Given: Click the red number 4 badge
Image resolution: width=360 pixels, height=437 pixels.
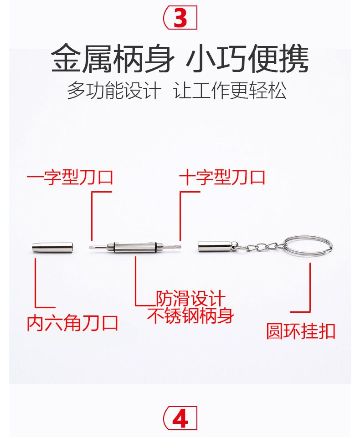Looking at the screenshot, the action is pyautogui.click(x=180, y=419).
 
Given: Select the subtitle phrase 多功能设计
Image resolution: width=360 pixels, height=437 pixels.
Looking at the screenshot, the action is pyautogui.click(x=114, y=91).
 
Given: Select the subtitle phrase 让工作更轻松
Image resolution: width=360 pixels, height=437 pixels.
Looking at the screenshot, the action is pyautogui.click(x=231, y=91).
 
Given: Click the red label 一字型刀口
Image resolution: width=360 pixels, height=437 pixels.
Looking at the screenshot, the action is pyautogui.click(x=70, y=177).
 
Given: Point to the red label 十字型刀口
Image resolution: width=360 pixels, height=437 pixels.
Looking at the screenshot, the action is pyautogui.click(x=222, y=177).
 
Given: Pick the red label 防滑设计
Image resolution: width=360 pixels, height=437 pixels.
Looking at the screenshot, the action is pyautogui.click(x=191, y=299).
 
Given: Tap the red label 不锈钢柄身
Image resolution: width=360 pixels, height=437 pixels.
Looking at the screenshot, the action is pyautogui.click(x=191, y=315).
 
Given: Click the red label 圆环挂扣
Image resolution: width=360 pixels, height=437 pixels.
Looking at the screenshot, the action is pyautogui.click(x=301, y=331).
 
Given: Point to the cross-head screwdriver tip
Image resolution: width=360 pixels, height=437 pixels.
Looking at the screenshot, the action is pyautogui.click(x=177, y=247).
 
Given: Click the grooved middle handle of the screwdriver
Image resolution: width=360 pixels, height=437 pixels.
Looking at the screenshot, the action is pyautogui.click(x=136, y=248).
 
